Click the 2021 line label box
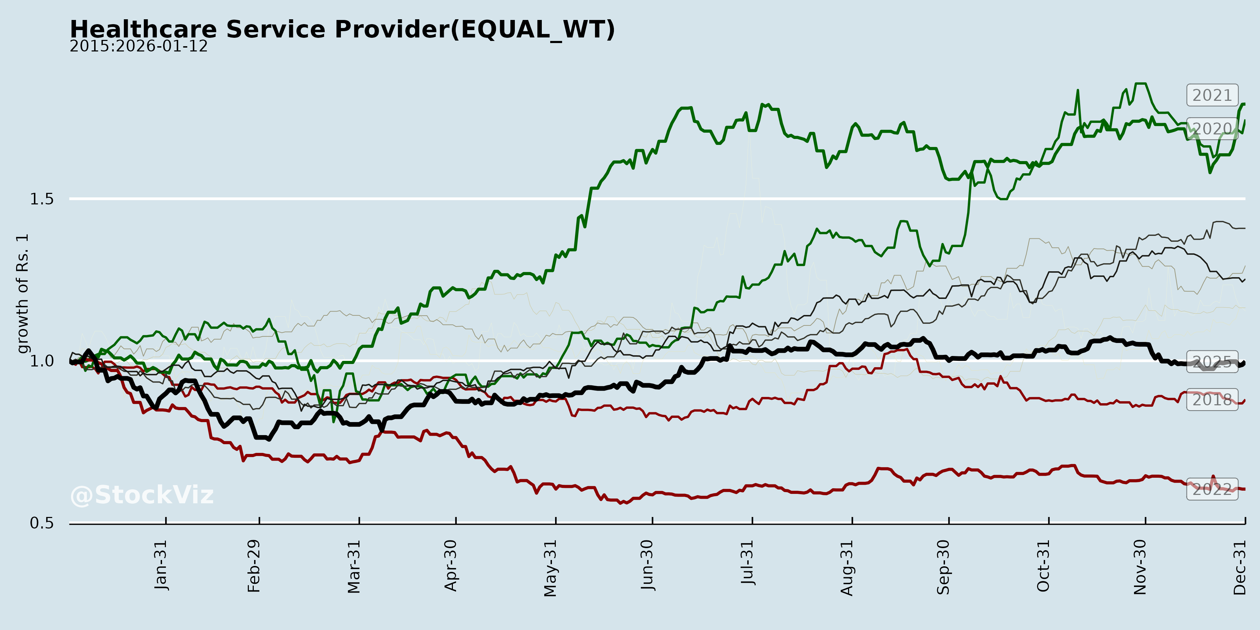coord(1212,96)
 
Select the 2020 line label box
coord(1212,129)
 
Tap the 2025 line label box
coord(1212,362)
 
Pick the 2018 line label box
coord(1212,400)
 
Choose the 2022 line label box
coord(1212,489)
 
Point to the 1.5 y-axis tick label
coord(42,199)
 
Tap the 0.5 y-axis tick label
coord(42,523)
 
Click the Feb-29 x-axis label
coord(254,566)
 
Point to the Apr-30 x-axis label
coord(450,566)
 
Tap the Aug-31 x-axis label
coord(847,567)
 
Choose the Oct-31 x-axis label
coord(1043,566)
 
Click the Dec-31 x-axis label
coord(1239,567)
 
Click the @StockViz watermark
coord(142,495)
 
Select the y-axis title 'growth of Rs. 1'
coord(22,294)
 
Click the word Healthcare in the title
coord(143,29)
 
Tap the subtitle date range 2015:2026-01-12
coord(138,47)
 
